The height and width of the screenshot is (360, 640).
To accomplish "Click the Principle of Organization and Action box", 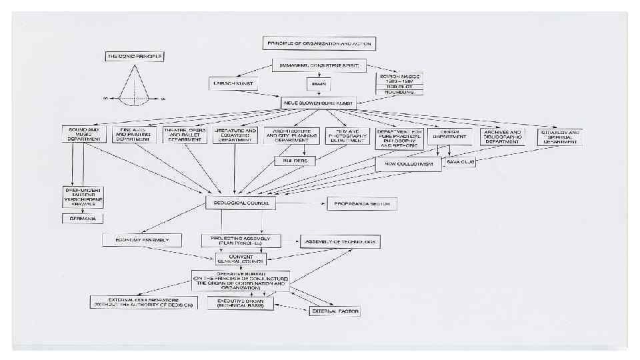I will tap(319, 43).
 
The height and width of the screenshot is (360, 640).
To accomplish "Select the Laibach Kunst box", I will tap(233, 84).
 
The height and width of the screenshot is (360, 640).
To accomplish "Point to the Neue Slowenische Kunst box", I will tap(319, 103).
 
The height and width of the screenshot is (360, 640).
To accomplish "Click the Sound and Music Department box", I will tap(84, 134).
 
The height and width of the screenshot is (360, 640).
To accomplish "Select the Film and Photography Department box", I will tap(347, 136).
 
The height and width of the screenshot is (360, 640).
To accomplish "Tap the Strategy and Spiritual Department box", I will tap(560, 137).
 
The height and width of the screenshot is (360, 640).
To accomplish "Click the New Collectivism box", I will tap(408, 165).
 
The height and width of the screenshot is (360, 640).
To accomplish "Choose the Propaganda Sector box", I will tap(361, 204).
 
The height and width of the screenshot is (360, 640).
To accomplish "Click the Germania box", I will tap(83, 218).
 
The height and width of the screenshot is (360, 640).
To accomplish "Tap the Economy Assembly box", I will tap(142, 239).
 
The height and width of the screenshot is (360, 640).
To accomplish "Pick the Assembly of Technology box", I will tap(340, 241).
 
